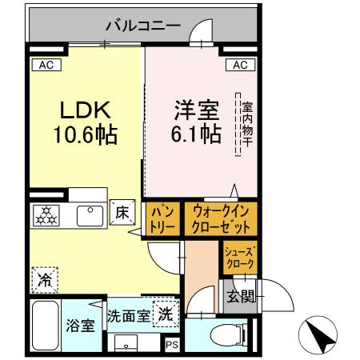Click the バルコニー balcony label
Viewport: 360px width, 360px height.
click(x=143, y=26)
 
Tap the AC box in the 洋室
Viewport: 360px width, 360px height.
click(x=242, y=65)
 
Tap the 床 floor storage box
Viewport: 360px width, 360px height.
click(x=122, y=214)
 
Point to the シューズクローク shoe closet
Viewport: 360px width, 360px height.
click(x=238, y=257)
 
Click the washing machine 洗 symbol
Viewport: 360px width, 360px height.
click(x=163, y=314)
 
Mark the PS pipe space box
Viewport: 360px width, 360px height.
click(x=171, y=345)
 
